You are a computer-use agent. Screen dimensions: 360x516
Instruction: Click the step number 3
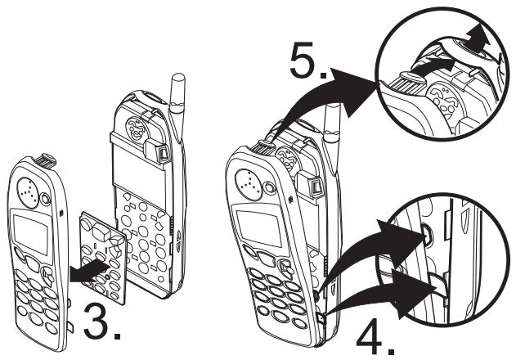point(105,321)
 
